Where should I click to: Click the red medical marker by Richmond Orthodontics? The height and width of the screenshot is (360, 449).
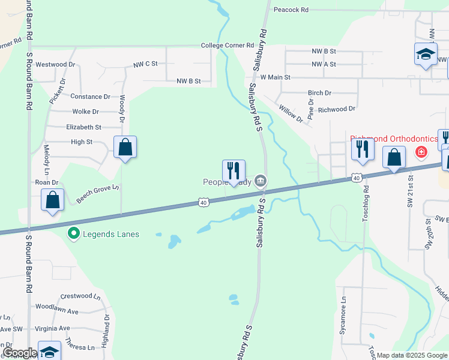click(x=421, y=152)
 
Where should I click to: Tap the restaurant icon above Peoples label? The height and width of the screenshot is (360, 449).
click(x=233, y=171)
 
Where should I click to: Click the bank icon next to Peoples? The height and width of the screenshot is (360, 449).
click(x=261, y=180)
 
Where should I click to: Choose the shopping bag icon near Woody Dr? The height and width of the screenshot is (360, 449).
click(x=125, y=147)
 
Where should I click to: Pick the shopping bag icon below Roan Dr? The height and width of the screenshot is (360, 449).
click(x=52, y=200)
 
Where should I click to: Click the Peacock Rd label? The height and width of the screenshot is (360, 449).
click(x=291, y=10)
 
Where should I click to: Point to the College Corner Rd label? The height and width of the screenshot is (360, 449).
click(x=228, y=46)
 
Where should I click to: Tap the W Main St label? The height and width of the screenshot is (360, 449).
click(x=275, y=77)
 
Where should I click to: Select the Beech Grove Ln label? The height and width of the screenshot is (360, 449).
click(x=98, y=193)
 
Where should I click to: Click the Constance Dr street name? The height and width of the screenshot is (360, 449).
click(x=91, y=96)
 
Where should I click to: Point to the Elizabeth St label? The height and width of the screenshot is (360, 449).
click(x=84, y=127)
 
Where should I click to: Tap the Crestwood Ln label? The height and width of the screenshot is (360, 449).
click(x=80, y=296)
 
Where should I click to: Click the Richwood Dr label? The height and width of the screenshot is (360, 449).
click(x=337, y=109)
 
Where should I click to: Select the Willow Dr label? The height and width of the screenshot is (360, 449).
click(x=291, y=112)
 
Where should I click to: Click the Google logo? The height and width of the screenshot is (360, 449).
click(x=19, y=353)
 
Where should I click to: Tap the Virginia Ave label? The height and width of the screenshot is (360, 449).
click(x=52, y=328)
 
